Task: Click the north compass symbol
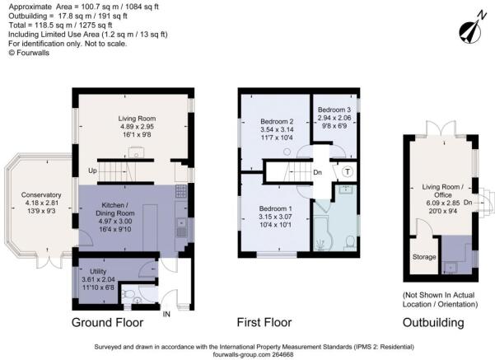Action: coord(472,30)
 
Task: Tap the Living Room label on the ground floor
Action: coord(137,119)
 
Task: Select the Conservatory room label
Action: coord(41,195)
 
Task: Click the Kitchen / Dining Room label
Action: coord(115,209)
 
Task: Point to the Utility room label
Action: coord(98,271)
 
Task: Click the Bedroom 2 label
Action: coord(277,121)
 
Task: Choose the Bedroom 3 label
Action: coord(334,110)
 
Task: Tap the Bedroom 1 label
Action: coord(275,208)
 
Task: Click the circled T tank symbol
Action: coord(348,172)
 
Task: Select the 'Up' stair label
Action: coord(92,171)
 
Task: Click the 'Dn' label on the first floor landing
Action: coord(318,172)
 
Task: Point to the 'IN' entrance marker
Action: coord(166,314)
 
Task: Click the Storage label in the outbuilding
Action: coord(424,257)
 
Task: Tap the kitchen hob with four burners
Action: coord(181,191)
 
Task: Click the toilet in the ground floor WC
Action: coord(128,294)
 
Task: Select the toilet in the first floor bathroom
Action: coord(349,242)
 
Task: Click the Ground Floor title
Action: coord(107,322)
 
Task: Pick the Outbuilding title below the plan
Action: coord(433,322)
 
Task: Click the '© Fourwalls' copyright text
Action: coord(29,53)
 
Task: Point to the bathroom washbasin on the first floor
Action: coord(346,189)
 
